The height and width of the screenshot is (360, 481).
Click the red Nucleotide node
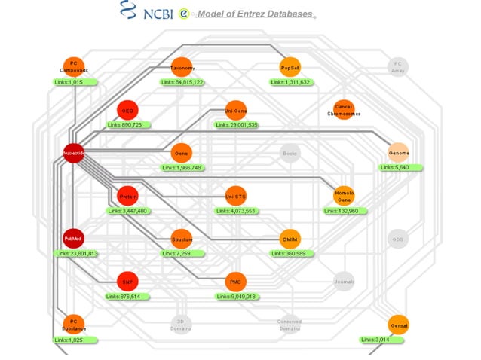73,153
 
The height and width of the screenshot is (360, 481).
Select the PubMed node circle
73,239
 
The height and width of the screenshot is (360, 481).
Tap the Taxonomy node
182,67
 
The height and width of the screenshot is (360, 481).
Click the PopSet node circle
290,67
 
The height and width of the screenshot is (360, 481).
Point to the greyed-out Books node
290,153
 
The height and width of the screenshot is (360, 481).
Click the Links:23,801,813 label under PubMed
76,254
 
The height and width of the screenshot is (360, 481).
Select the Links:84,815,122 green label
182,82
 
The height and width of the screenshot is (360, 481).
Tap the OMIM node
290,239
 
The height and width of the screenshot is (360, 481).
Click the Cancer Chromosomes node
344,110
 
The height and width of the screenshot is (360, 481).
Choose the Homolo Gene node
344,196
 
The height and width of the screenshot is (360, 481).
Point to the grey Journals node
344,282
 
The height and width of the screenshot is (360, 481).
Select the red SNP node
128,282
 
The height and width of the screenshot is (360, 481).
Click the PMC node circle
236,282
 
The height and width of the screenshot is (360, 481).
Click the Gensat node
399,325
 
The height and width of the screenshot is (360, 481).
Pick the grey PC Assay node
398,67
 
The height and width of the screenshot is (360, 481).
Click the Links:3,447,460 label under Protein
127,211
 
